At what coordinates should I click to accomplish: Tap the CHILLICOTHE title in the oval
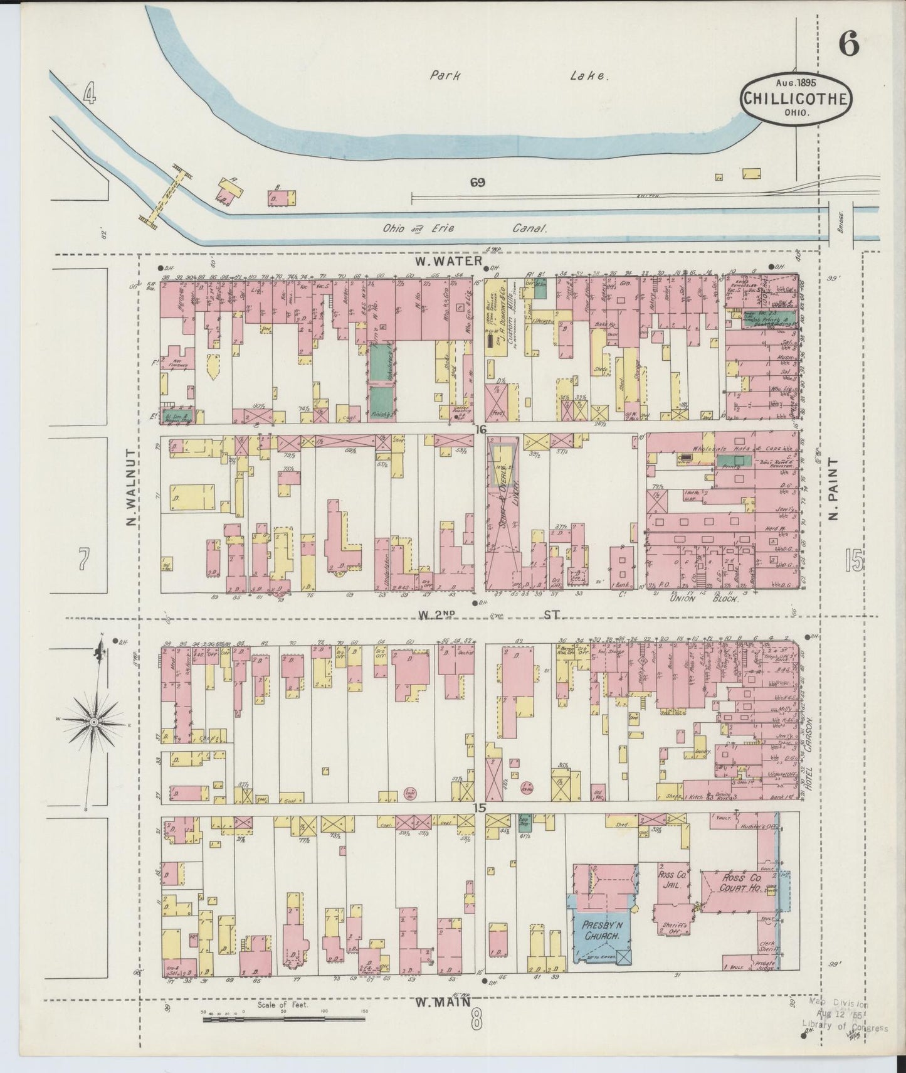[796, 98]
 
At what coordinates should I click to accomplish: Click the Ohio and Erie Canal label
[466, 230]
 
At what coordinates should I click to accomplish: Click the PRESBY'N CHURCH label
[601, 930]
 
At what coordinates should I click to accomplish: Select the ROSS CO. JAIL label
[672, 878]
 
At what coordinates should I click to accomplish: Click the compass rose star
[93, 723]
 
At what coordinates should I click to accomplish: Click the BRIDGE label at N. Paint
[841, 223]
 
